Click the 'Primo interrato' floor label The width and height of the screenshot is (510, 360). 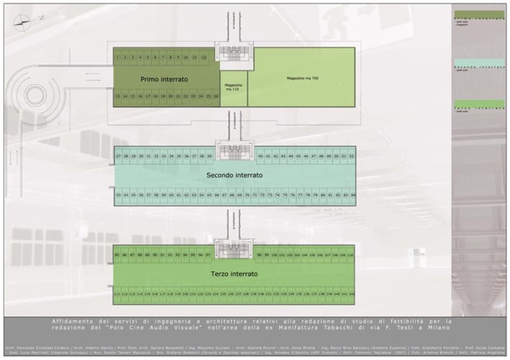tap(164, 80)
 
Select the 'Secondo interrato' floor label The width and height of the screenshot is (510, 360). tap(234, 175)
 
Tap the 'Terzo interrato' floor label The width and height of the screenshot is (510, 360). tap(234, 274)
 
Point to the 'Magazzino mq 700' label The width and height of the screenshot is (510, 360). tap(302, 78)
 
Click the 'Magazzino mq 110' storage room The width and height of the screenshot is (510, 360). tap(234, 87)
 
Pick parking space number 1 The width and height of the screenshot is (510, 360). tap(118, 57)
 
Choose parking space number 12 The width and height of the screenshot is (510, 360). tap(204, 57)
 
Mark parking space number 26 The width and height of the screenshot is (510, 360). tap(216, 96)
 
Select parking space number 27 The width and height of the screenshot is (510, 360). tap(119, 156)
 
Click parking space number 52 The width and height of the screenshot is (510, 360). tap(351, 156)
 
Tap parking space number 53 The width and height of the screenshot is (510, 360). tap(119, 195)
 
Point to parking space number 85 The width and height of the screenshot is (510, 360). tap(117, 255)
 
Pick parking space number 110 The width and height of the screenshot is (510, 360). tap(350, 255)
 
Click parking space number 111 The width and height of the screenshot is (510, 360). tap(117, 294)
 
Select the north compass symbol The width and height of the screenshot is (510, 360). tap(22, 20)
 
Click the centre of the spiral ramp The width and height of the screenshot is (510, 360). tap(35, 95)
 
